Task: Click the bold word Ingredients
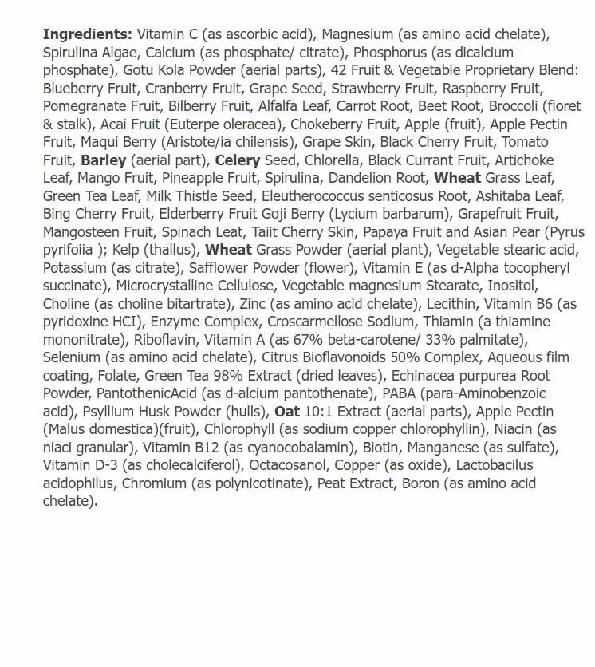(x=88, y=34)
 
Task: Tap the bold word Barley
(x=104, y=160)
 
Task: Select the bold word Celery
(x=238, y=160)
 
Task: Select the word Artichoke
(x=525, y=160)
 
